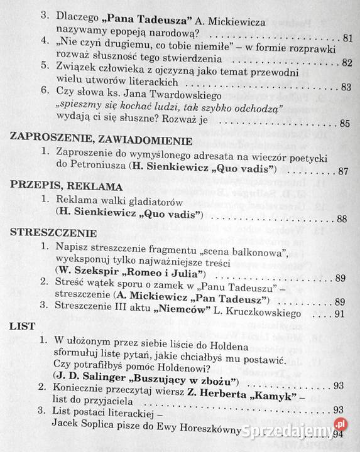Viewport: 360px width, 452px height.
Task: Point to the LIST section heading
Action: (22, 326)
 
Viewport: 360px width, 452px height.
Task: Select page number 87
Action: (342, 171)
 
